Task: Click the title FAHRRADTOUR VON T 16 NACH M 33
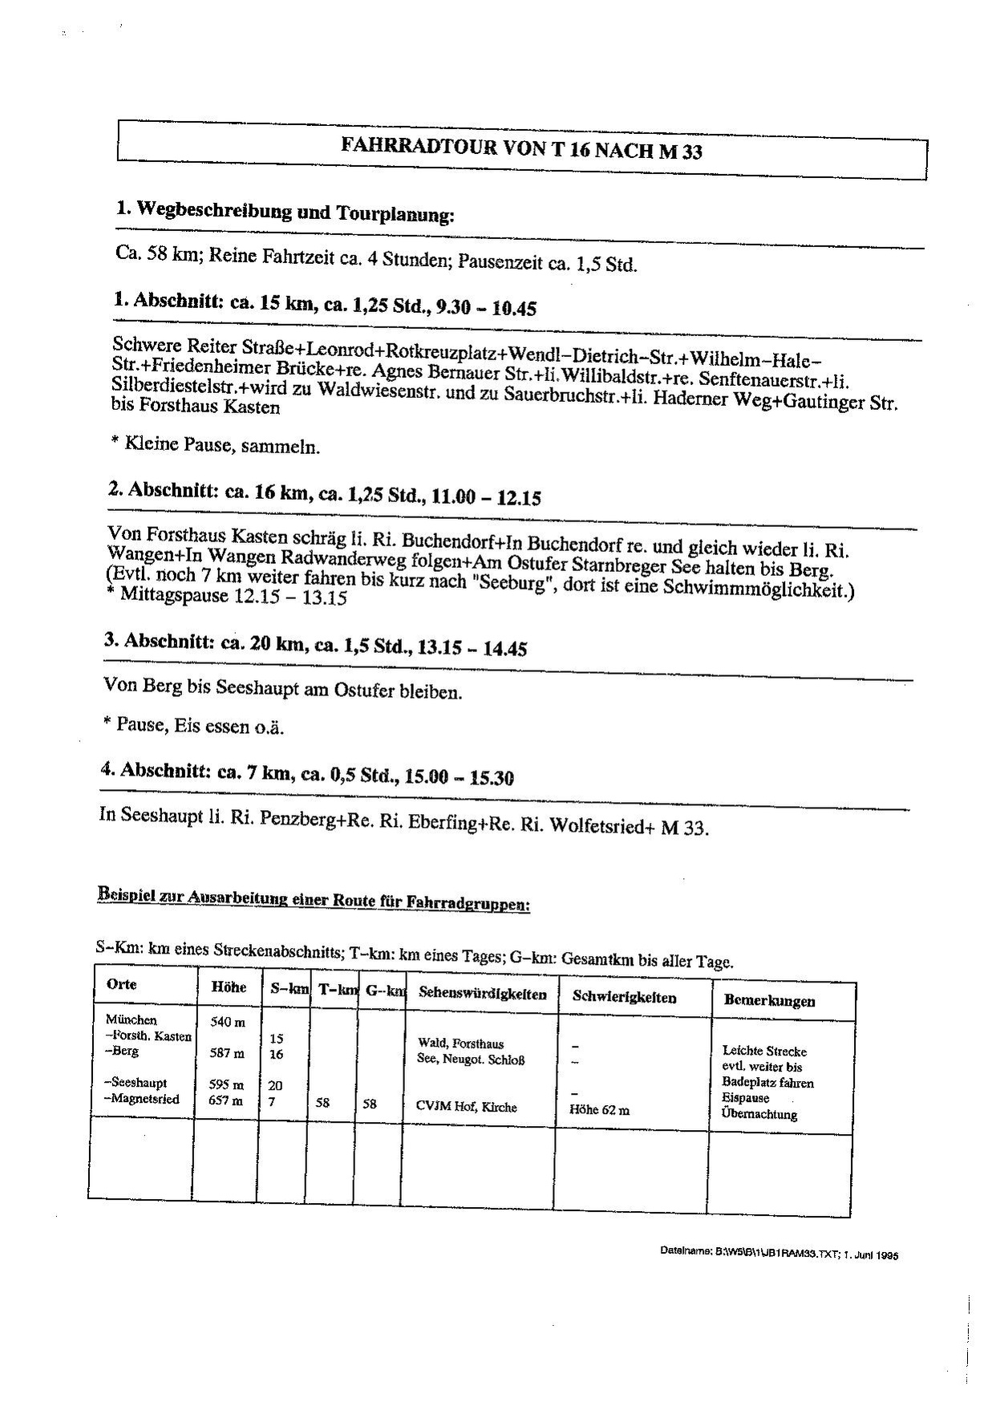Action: (522, 149)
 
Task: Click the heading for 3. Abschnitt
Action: (314, 645)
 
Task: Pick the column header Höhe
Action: (229, 987)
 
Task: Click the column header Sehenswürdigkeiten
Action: (482, 995)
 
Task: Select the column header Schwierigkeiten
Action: (624, 998)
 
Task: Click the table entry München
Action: (131, 1020)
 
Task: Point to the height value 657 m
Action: (226, 1101)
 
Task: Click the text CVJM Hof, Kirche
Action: (466, 1108)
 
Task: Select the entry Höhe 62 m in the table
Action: (599, 1111)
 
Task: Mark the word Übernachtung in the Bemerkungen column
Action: (759, 1114)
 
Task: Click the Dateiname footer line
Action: (779, 1253)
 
